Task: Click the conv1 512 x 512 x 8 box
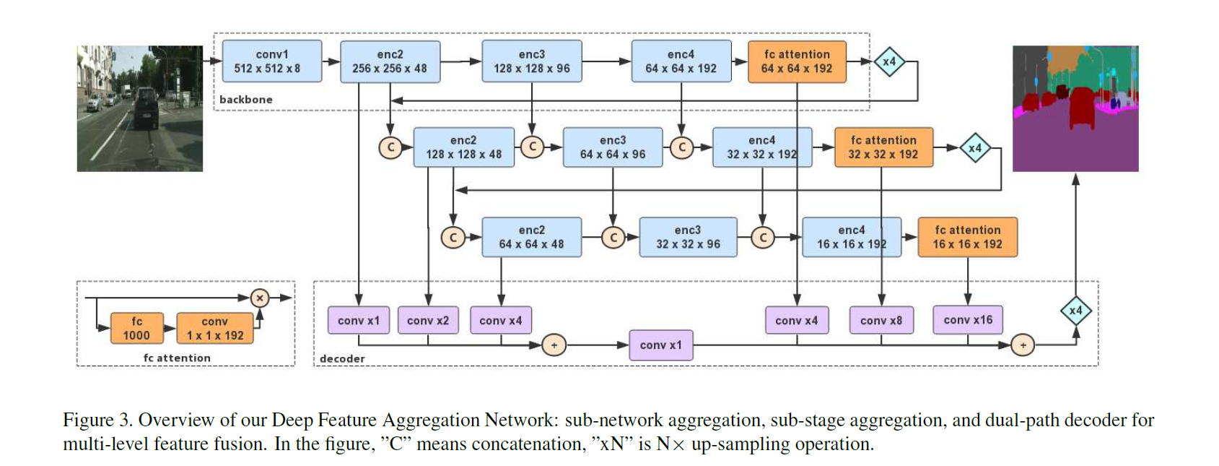(x=271, y=61)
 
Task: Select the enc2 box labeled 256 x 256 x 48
(x=390, y=61)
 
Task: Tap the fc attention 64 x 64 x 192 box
(x=797, y=61)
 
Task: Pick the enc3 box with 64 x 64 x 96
(x=612, y=147)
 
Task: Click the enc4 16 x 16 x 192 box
(x=851, y=237)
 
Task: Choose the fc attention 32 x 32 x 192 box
(x=883, y=147)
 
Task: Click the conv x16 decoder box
(x=967, y=320)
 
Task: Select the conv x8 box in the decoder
(x=881, y=321)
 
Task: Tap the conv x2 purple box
(x=427, y=321)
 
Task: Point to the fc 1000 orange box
(x=136, y=328)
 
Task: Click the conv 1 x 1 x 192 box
(x=214, y=328)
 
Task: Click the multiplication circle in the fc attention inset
(x=260, y=298)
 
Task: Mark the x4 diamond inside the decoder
(x=1075, y=311)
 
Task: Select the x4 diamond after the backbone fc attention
(x=889, y=61)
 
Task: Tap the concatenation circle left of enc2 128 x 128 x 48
(x=390, y=147)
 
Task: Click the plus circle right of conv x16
(x=1023, y=345)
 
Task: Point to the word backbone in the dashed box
(x=245, y=100)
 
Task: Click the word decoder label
(x=341, y=358)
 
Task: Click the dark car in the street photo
(x=144, y=107)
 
